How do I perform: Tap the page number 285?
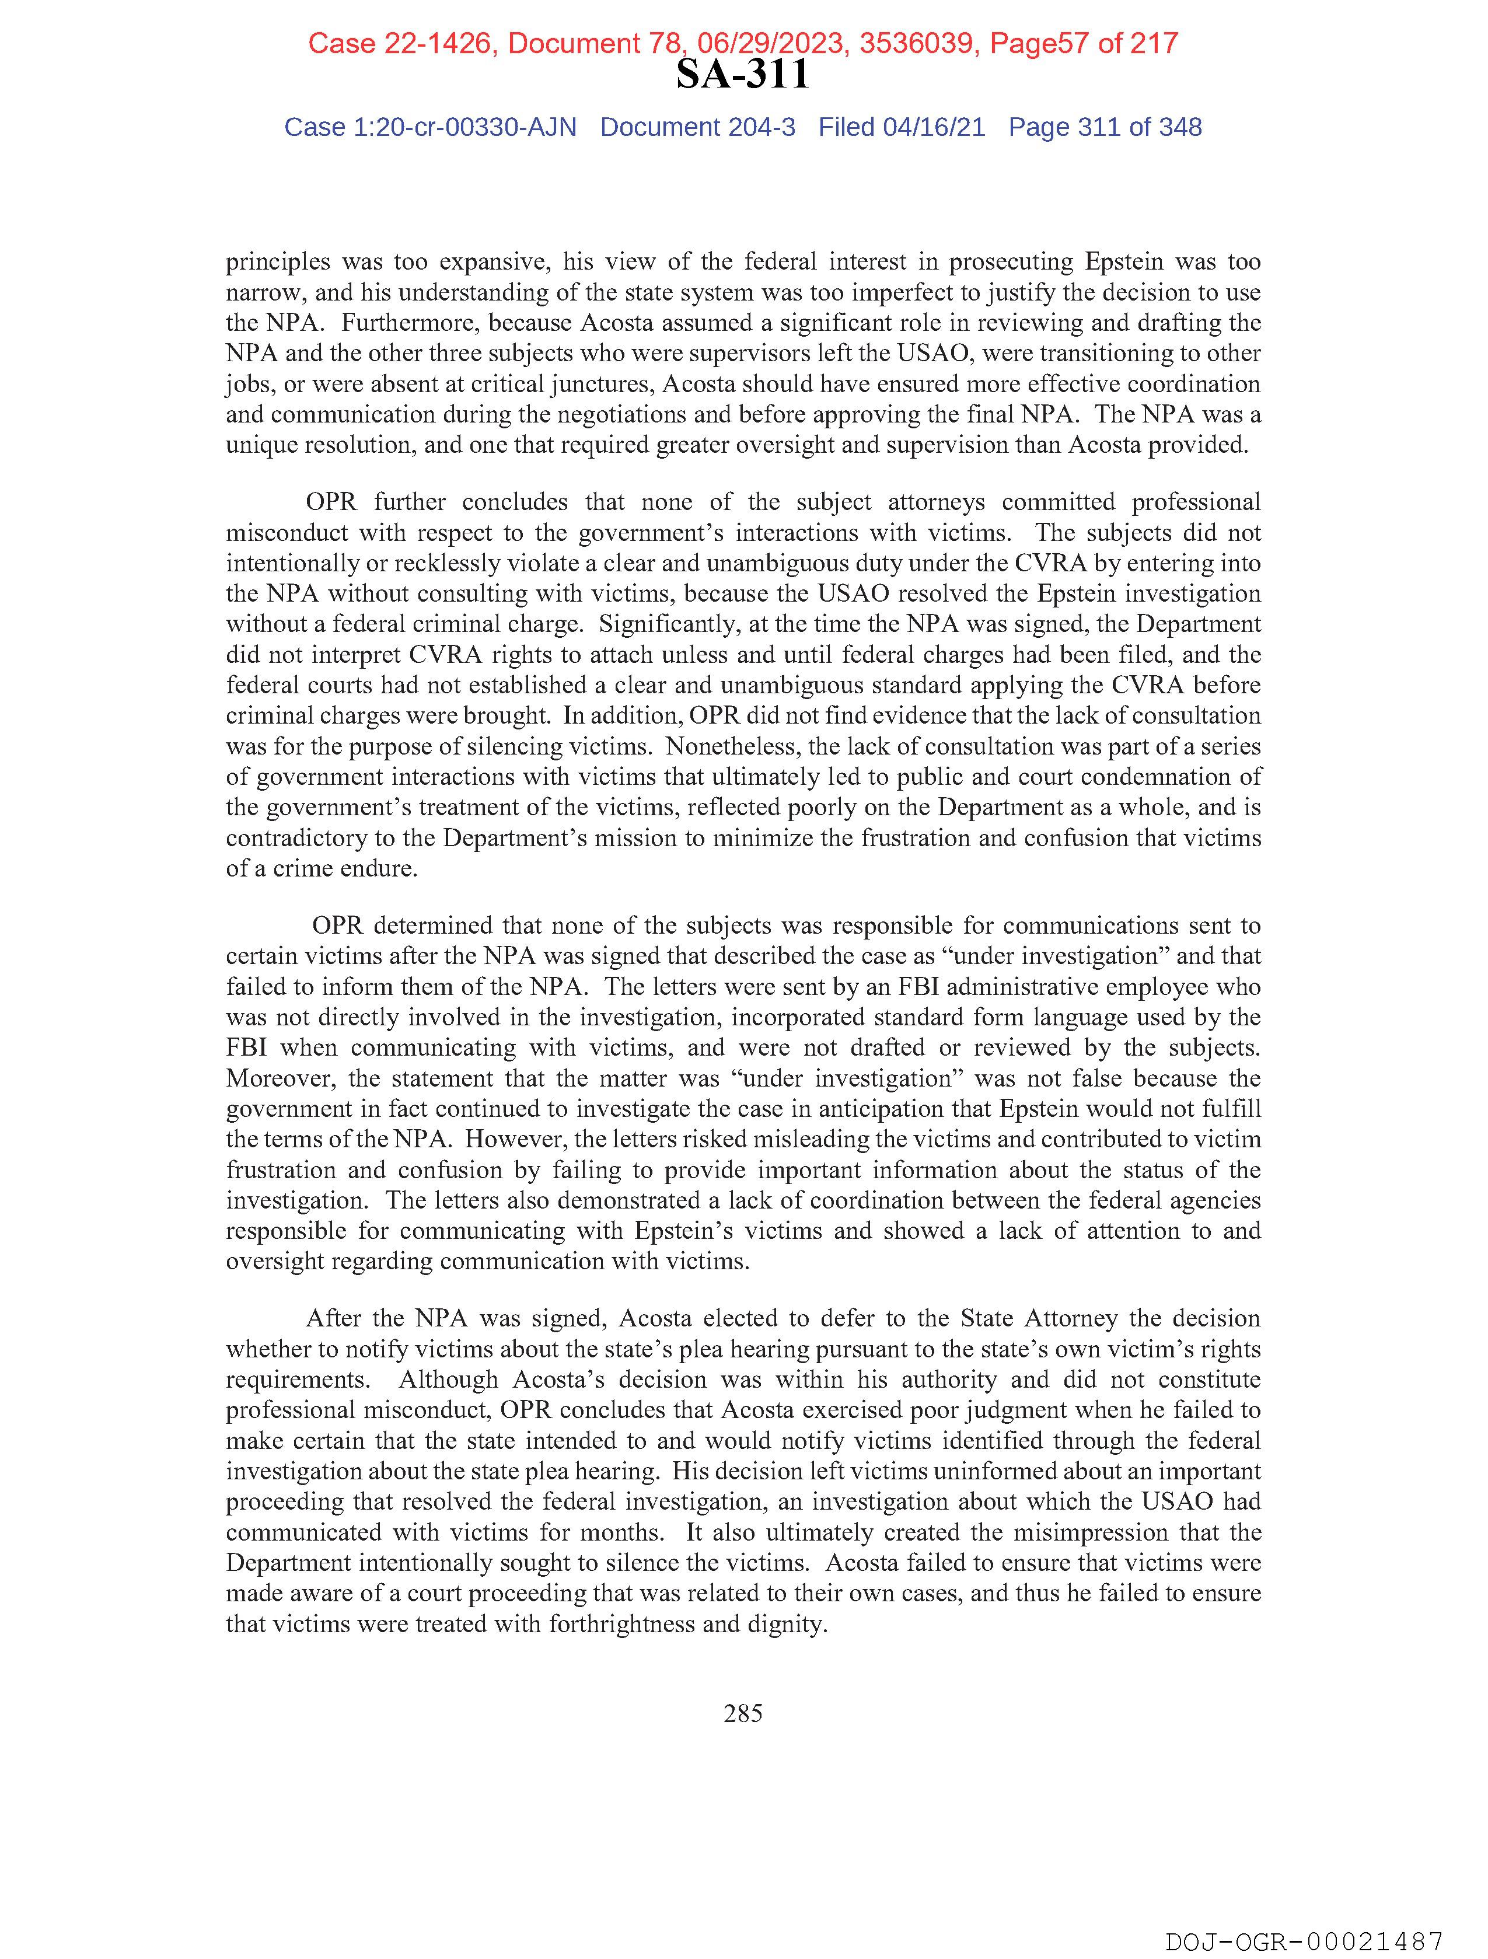click(x=742, y=1714)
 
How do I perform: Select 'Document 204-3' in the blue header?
click(x=697, y=128)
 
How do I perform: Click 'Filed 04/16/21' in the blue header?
click(x=901, y=128)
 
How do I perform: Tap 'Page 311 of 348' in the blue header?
click(x=1105, y=128)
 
